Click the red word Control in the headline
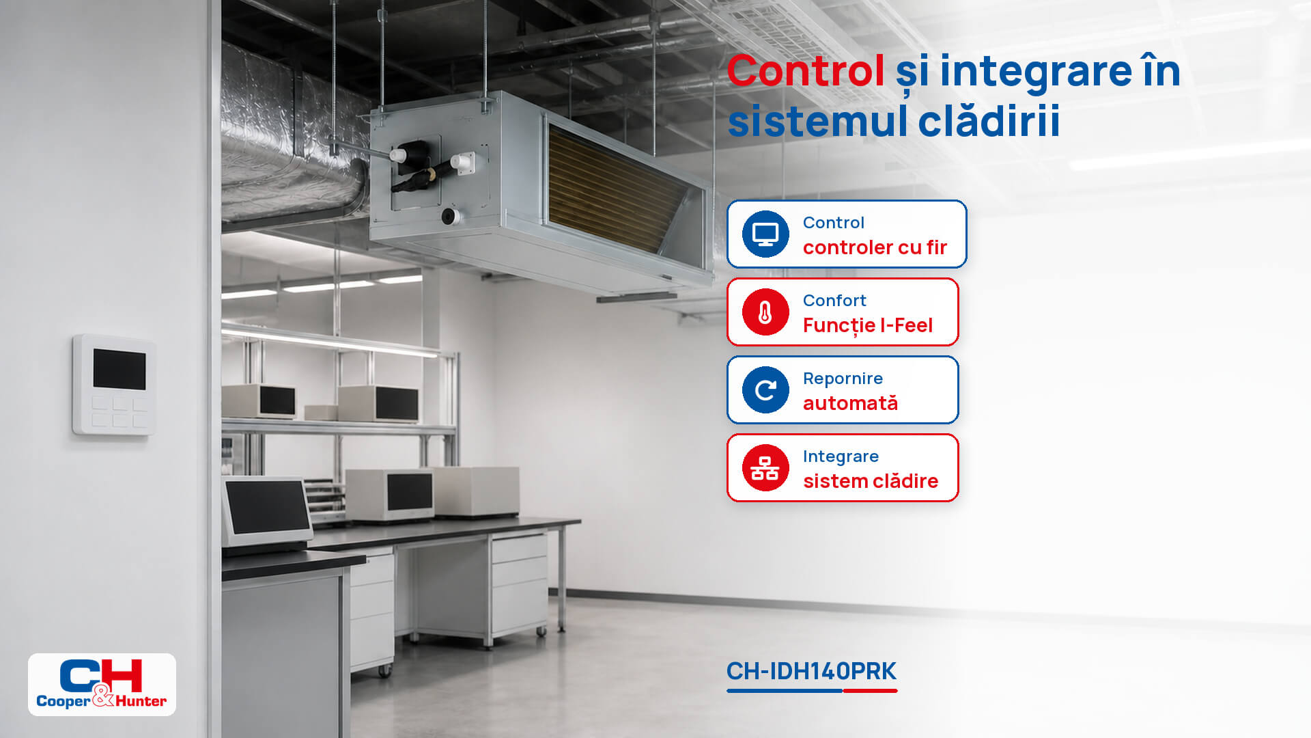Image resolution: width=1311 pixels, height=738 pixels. tap(806, 70)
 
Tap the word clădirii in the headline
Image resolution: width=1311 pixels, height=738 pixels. tap(989, 121)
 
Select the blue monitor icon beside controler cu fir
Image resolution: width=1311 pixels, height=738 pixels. tap(765, 234)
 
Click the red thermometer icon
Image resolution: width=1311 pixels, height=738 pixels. tap(765, 312)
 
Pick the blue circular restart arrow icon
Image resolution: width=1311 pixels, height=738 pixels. tap(765, 390)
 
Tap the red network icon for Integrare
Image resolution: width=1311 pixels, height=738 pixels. tap(765, 468)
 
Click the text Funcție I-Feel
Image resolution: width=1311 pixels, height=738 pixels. tap(867, 326)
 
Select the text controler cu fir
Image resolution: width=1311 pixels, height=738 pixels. tap(875, 247)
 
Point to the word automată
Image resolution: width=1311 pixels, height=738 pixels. tap(850, 403)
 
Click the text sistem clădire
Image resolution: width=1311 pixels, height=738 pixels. tap(871, 481)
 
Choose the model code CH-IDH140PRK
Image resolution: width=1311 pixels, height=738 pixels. tap(811, 671)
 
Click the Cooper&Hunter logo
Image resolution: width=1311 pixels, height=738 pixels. tap(102, 684)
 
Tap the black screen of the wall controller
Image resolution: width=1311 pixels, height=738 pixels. tap(119, 369)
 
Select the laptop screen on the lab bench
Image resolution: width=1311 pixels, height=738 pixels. tap(266, 506)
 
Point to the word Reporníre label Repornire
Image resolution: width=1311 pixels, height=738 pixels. tap(843, 379)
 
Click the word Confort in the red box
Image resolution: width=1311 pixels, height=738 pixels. tap(834, 301)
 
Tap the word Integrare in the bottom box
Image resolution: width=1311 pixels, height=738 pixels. tap(841, 456)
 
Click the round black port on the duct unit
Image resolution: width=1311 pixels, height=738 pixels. tap(449, 217)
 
